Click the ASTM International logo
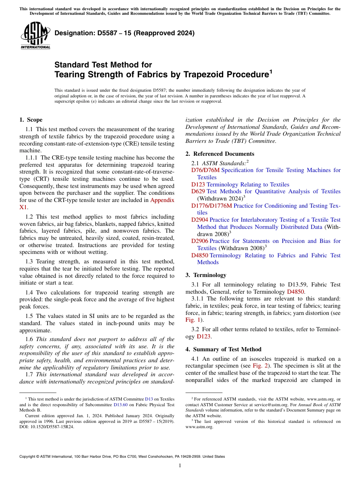pos(35,36)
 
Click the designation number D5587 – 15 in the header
pos(125,33)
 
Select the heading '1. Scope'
pos(31,120)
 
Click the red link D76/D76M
pos(205,170)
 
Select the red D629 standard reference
pos(198,191)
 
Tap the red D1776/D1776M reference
pos(211,206)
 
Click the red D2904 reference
pos(199,220)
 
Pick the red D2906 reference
pos(199,241)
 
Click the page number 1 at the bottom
pos(180,466)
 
